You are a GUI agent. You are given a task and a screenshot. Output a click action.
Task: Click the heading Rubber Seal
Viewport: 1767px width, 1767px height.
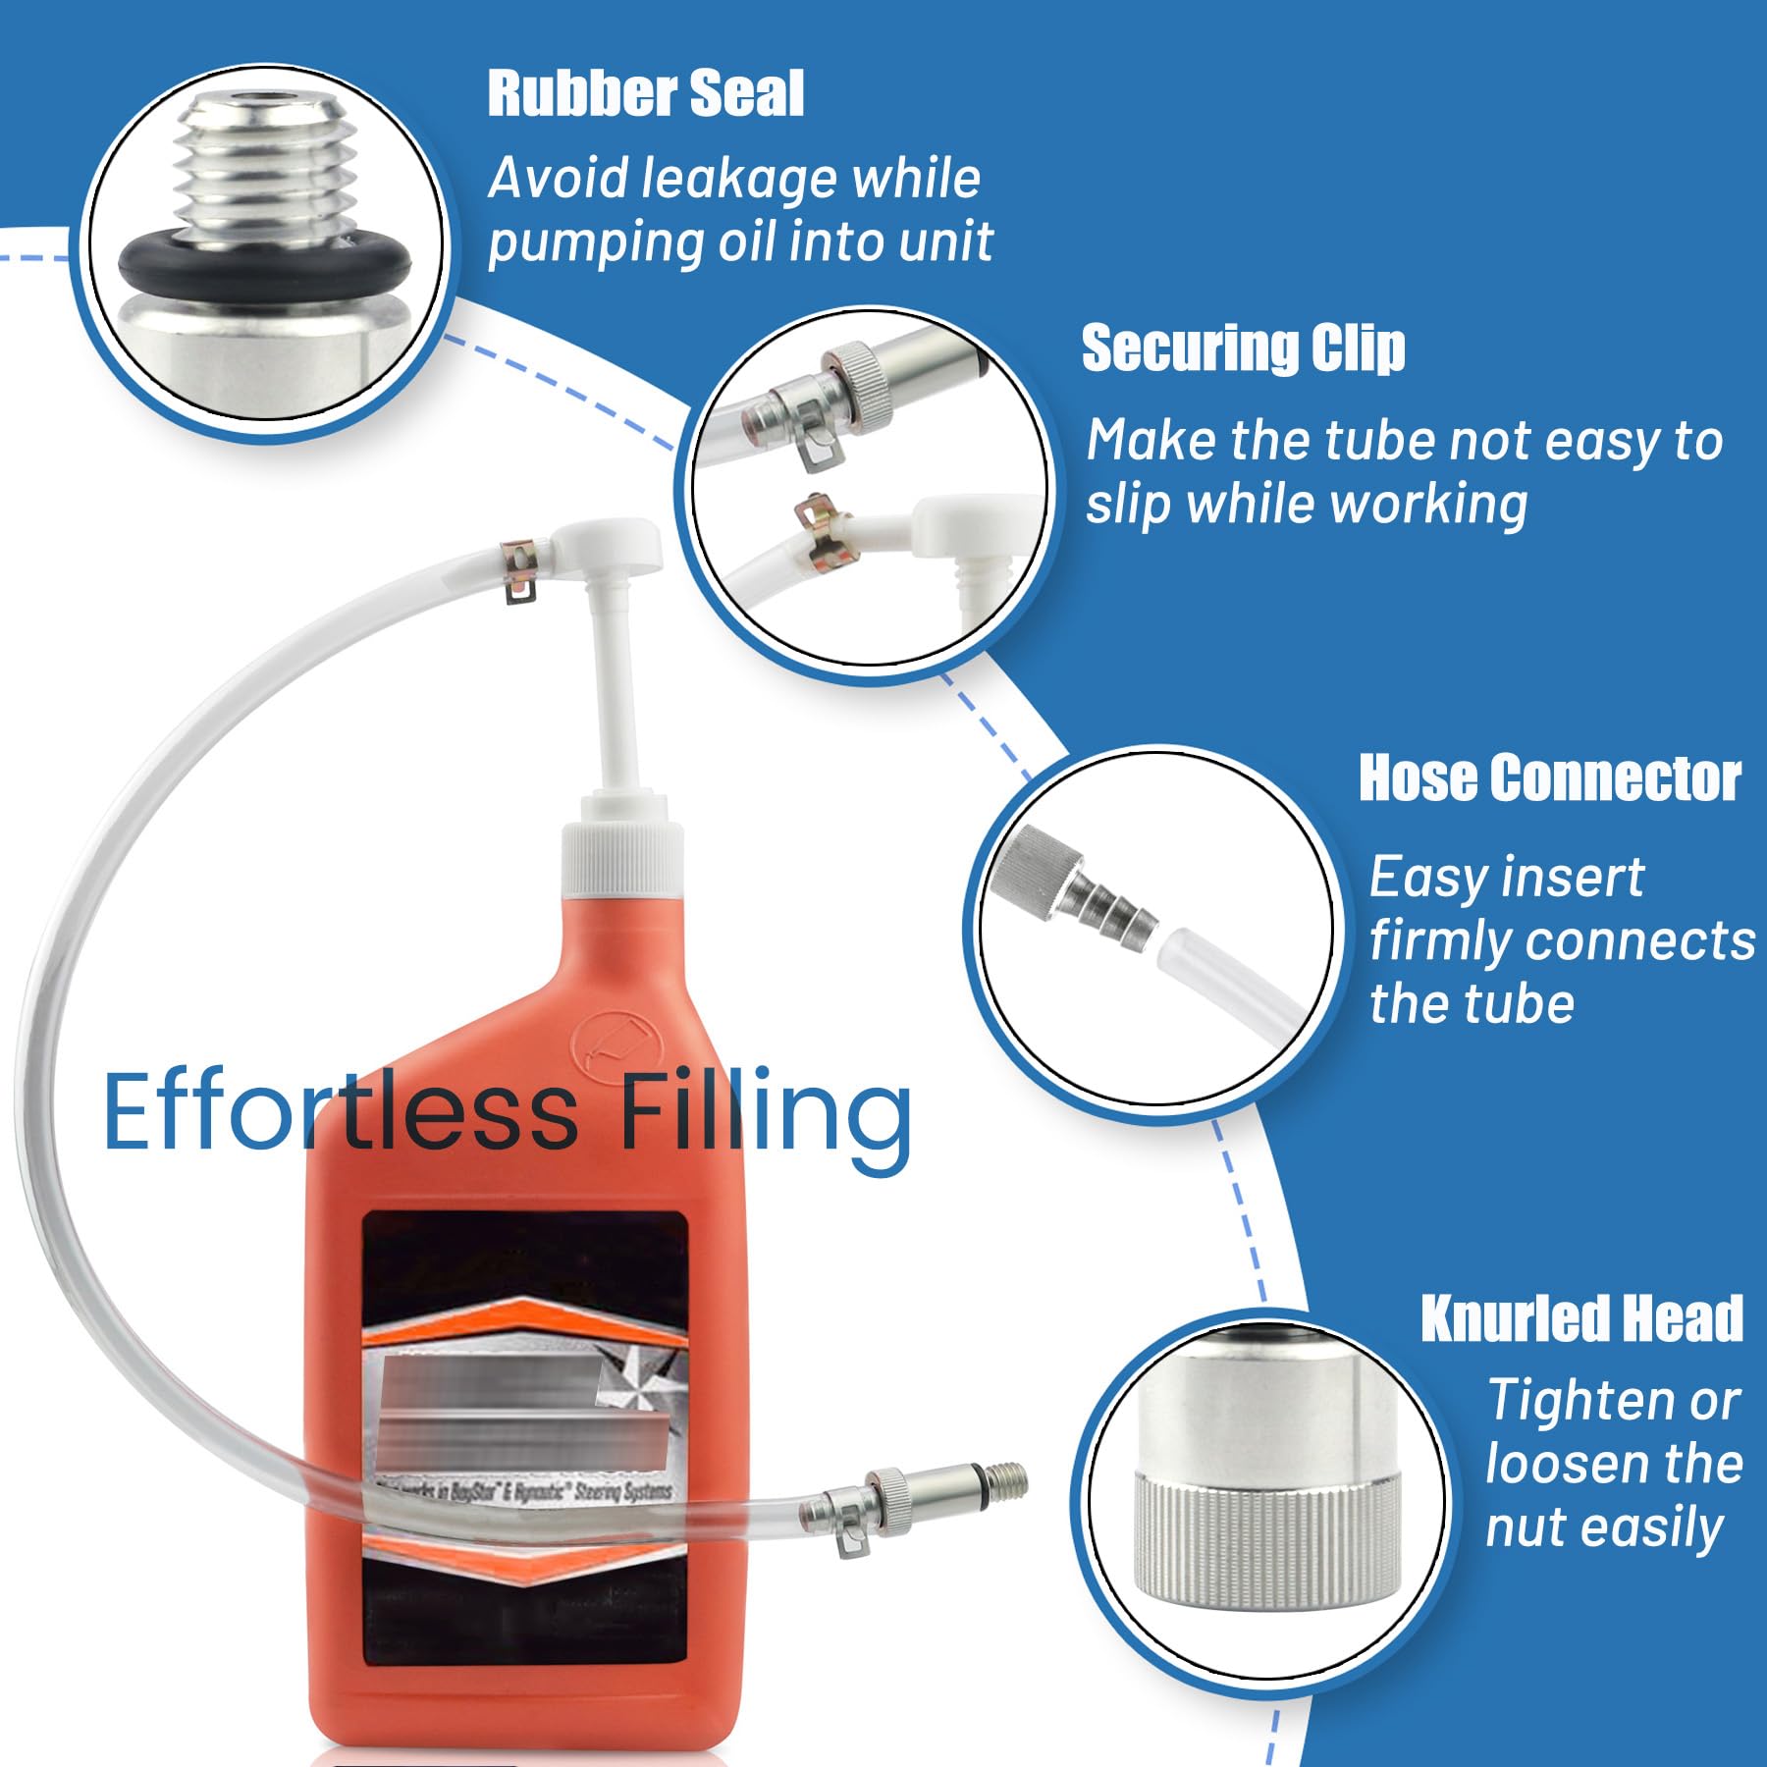tap(645, 94)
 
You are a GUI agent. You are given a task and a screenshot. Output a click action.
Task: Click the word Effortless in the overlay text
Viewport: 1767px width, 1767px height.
tap(340, 1112)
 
